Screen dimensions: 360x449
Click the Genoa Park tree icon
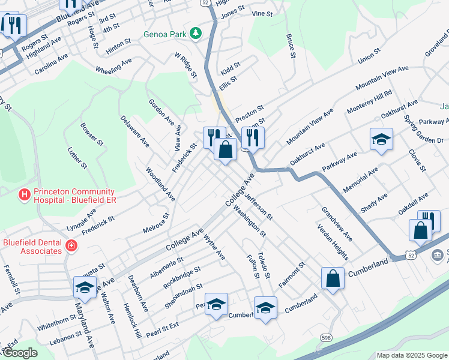195,34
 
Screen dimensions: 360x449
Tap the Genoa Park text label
165,34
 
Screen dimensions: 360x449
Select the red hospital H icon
24,194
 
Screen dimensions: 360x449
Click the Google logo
20,353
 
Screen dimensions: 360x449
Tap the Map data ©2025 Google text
411,355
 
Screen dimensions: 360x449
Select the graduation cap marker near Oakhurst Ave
381,140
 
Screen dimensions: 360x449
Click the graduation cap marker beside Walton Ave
85,288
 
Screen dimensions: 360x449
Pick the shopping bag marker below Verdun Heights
333,279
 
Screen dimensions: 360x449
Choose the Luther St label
77,157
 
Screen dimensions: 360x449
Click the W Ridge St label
185,65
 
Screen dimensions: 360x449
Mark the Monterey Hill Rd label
369,103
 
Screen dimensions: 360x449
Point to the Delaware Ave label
134,131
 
